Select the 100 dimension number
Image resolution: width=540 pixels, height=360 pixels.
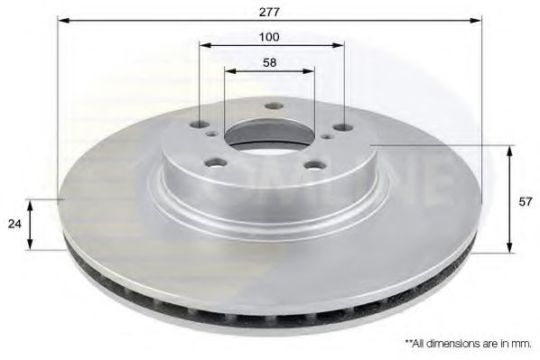point(270,37)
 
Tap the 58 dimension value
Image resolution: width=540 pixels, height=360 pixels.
point(270,63)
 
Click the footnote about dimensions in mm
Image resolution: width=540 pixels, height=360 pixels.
point(468,344)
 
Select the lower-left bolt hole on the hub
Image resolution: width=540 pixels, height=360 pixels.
point(215,162)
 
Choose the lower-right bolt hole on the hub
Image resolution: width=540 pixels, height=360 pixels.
point(312,165)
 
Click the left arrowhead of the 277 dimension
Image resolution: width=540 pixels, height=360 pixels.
point(61,18)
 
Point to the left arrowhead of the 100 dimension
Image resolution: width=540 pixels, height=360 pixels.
point(202,43)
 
